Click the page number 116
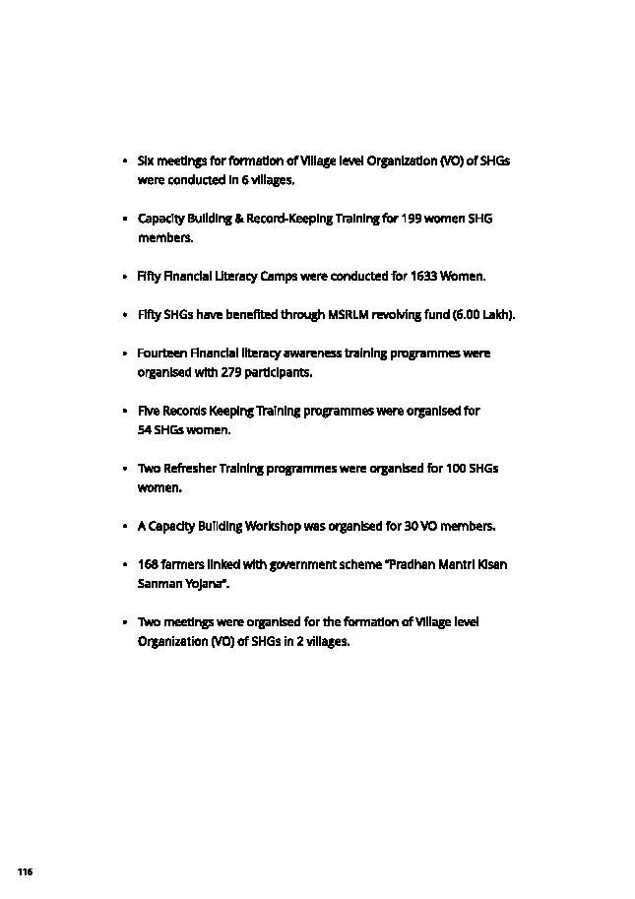[x=25, y=872]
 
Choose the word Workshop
[x=273, y=526]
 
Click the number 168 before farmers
[x=148, y=564]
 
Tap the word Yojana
[x=207, y=584]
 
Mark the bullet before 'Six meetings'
[x=125, y=160]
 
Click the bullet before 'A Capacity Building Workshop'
[x=125, y=526]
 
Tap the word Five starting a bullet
[x=149, y=411]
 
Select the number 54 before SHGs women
[x=145, y=430]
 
